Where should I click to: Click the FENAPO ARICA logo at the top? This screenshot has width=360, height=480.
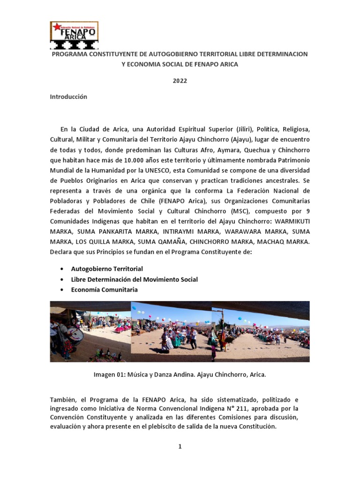coord(74,35)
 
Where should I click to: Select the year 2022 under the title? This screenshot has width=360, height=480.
coord(180,81)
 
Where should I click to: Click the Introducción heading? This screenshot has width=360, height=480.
coord(68,97)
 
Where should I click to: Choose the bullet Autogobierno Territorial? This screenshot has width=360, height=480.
coord(107,269)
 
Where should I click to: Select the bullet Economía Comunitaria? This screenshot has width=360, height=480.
coord(104,290)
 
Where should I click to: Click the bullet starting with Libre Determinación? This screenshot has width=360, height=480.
coord(134,279)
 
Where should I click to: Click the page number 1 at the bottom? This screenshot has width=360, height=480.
coord(180,447)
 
